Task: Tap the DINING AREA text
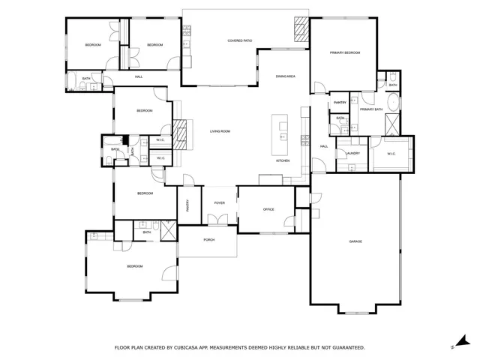pos(285,76)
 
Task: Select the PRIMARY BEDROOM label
pos(345,52)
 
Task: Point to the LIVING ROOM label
pos(219,131)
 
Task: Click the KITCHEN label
pos(283,161)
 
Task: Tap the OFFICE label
pos(269,209)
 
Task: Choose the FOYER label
pos(219,203)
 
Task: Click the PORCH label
pos(208,240)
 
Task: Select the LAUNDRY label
pos(352,154)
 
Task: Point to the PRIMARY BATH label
pos(370,109)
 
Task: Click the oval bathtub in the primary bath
pos(393,103)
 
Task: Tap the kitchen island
pos(283,129)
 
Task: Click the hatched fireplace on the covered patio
pos(300,31)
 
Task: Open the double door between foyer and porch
pos(218,219)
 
